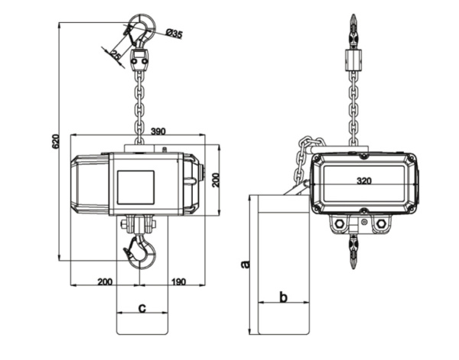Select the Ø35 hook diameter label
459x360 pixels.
(x=174, y=33)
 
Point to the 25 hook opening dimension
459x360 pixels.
(x=114, y=54)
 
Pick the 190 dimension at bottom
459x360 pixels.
(x=178, y=282)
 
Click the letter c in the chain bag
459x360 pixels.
(x=142, y=308)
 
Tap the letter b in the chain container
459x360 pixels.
(x=282, y=297)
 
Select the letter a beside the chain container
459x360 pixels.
(x=245, y=264)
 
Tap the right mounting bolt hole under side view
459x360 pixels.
(x=380, y=223)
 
